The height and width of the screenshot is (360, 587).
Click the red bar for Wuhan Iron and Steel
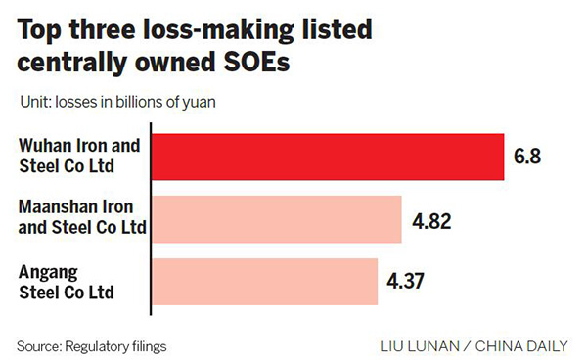[327, 157]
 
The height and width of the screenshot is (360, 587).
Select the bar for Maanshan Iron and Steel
[276, 218]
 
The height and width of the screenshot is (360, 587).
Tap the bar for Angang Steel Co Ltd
[264, 282]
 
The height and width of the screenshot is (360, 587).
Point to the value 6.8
[528, 157]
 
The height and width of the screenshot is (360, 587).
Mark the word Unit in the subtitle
[33, 102]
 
